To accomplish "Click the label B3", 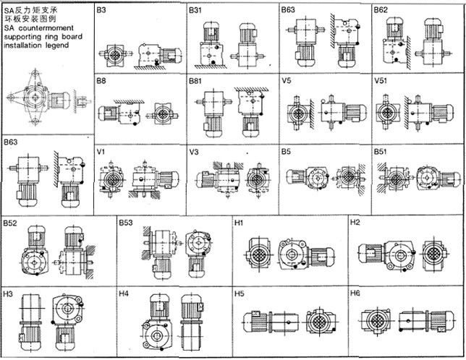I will pos(101,11).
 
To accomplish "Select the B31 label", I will pos(196,11).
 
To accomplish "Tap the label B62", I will pos(381,11).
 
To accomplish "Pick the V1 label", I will pos(101,153).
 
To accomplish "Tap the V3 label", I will pos(194,153).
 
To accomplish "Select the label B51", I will pos(381,153).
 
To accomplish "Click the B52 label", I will pos(10,223).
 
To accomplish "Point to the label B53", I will pos(127,223).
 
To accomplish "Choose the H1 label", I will pos(240,223).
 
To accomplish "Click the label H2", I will pos(355,223).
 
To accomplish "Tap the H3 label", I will pos(8,294).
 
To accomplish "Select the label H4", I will pos(124,294).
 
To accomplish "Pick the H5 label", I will pos(240,294).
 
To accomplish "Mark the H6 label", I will pos(355,294).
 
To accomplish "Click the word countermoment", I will pos(43,28).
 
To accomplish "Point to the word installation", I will pos(23,45).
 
